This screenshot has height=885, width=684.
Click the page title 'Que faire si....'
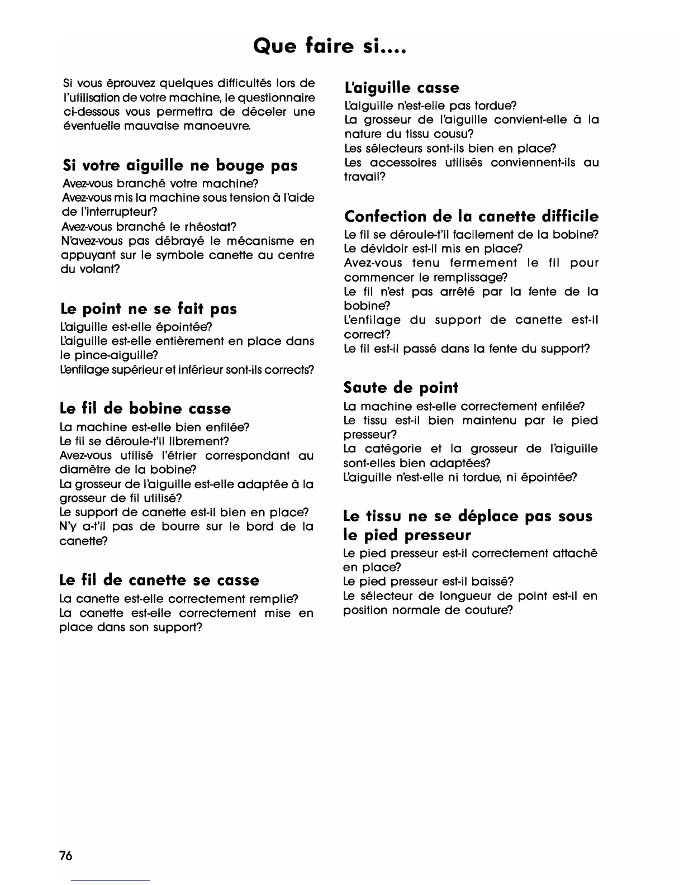tap(329, 45)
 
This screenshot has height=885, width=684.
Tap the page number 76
tap(66, 855)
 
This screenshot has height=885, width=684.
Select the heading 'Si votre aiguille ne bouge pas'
tap(180, 165)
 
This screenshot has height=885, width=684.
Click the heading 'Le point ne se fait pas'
tap(148, 309)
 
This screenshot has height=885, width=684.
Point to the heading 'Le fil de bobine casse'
tap(145, 408)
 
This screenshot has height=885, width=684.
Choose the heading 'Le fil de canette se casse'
tap(159, 580)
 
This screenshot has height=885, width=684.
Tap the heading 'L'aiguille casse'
tap(402, 88)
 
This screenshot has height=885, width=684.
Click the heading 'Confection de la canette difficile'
tap(471, 216)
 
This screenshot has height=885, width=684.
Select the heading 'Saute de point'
tap(401, 388)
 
